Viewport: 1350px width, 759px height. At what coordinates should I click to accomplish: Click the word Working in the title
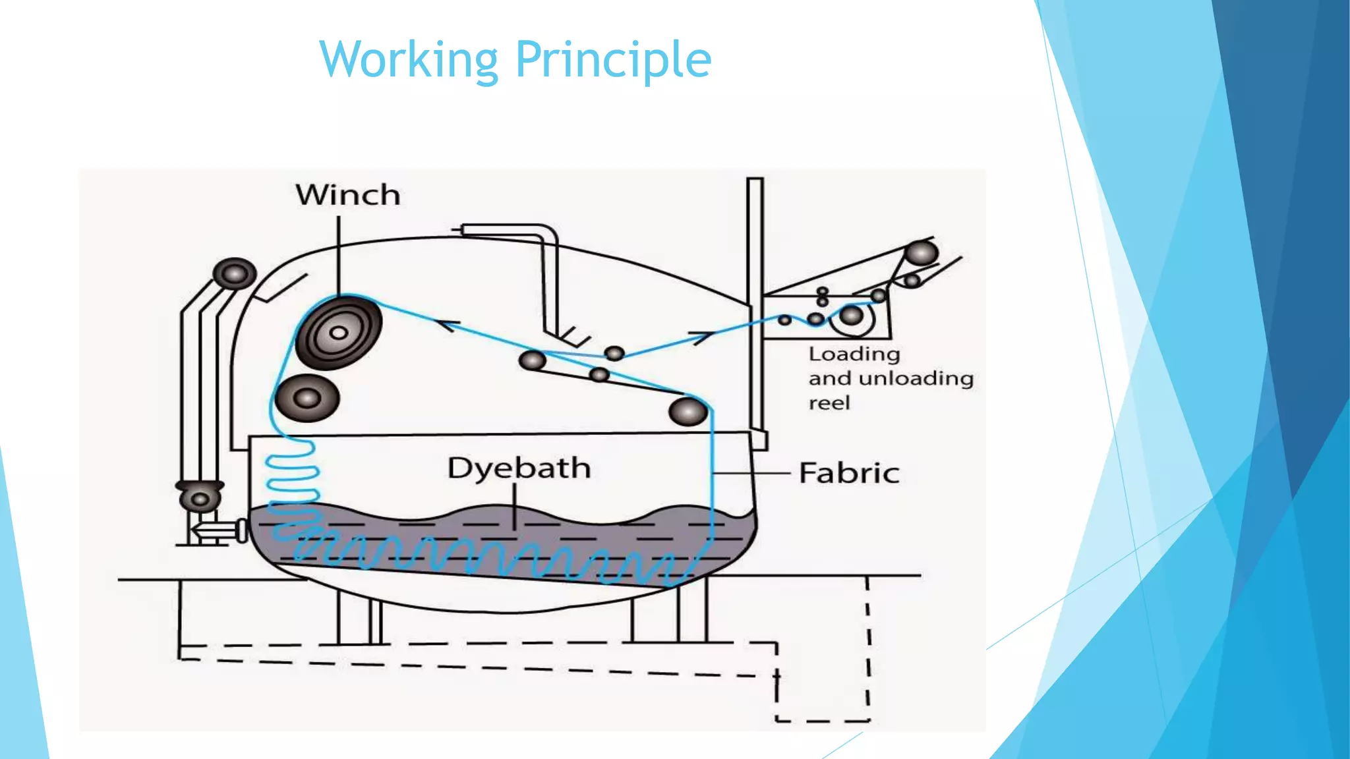[409, 59]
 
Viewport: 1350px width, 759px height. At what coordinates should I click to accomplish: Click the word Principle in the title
[613, 59]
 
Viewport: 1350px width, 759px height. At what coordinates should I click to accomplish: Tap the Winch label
[348, 195]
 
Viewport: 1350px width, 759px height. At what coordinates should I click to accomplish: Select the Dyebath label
[519, 468]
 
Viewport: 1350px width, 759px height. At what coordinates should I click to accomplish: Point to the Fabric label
[849, 473]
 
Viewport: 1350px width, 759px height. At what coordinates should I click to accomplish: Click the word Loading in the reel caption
[854, 354]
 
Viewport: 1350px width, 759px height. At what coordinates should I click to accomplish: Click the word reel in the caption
[829, 403]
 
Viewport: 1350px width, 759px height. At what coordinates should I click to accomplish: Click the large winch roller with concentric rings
[339, 333]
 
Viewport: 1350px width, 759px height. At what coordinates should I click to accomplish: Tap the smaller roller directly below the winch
[307, 398]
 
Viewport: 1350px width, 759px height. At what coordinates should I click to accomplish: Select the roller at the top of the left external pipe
[235, 273]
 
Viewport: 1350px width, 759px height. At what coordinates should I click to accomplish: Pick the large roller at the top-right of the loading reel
[921, 253]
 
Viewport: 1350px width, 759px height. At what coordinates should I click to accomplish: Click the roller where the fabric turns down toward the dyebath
[688, 412]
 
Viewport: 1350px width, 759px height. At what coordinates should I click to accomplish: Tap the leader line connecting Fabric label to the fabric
[751, 473]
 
